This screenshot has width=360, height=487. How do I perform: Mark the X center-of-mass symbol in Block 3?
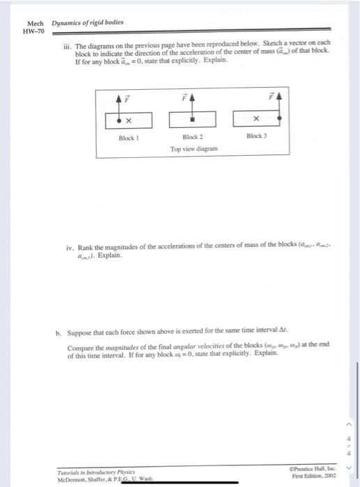(x=257, y=118)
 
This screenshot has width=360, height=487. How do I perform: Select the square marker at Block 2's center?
(x=193, y=120)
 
